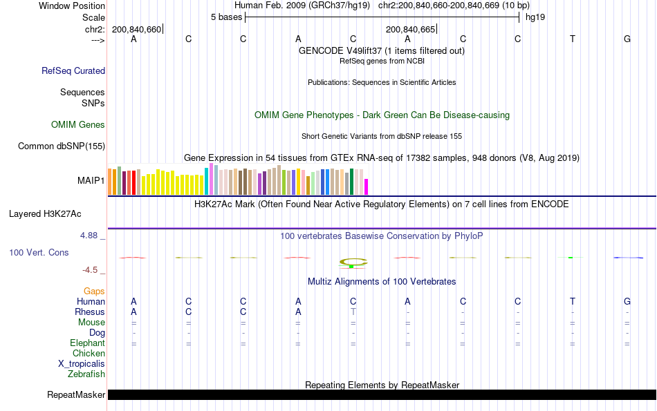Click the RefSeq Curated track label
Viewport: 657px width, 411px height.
point(73,70)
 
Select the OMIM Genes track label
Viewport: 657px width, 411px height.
point(78,125)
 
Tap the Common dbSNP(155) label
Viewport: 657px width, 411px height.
point(62,146)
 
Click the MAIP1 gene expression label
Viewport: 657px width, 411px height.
point(91,181)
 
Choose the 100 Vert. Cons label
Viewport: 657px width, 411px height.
point(39,253)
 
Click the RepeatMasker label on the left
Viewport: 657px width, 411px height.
point(76,395)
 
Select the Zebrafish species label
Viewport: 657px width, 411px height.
point(86,374)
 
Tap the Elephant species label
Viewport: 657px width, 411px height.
point(87,343)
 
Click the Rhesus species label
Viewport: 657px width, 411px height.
point(90,312)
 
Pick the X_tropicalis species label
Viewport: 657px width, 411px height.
point(82,364)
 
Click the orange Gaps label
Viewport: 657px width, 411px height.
point(94,291)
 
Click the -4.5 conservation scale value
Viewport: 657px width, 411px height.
point(91,270)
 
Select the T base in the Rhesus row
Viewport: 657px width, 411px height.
point(353,312)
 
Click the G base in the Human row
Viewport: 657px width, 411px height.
point(627,302)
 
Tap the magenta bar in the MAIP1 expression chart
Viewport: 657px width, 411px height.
point(367,187)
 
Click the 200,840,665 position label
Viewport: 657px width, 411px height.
point(411,30)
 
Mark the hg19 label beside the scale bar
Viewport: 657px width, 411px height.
point(535,17)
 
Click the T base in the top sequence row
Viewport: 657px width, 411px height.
point(572,39)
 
